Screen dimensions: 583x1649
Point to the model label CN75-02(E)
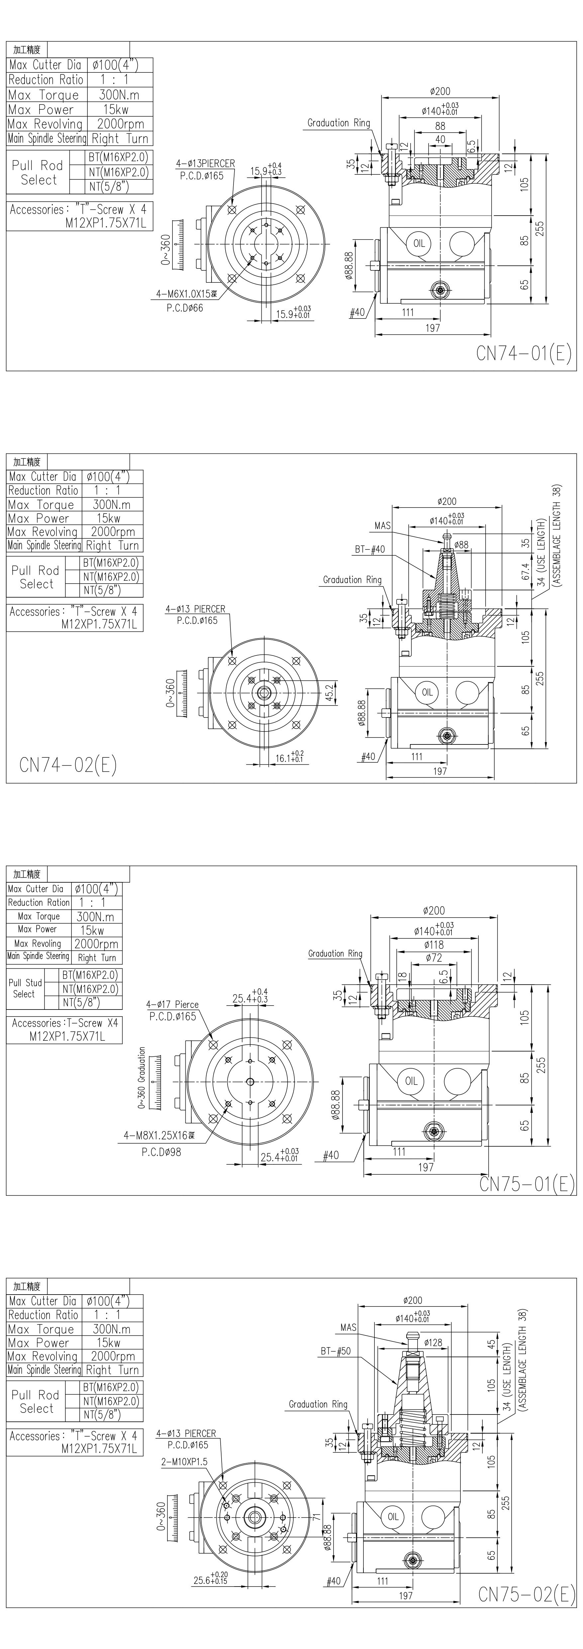(527, 1594)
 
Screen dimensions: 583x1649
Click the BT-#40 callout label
(370, 549)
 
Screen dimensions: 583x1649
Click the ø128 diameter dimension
(433, 1342)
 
